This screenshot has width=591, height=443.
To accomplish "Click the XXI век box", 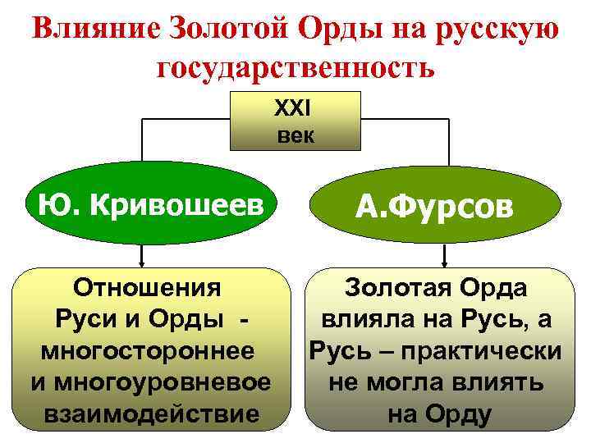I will point(295,121).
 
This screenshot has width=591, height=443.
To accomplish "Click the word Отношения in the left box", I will point(147,290).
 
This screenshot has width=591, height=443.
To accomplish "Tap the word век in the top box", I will point(295,135).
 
